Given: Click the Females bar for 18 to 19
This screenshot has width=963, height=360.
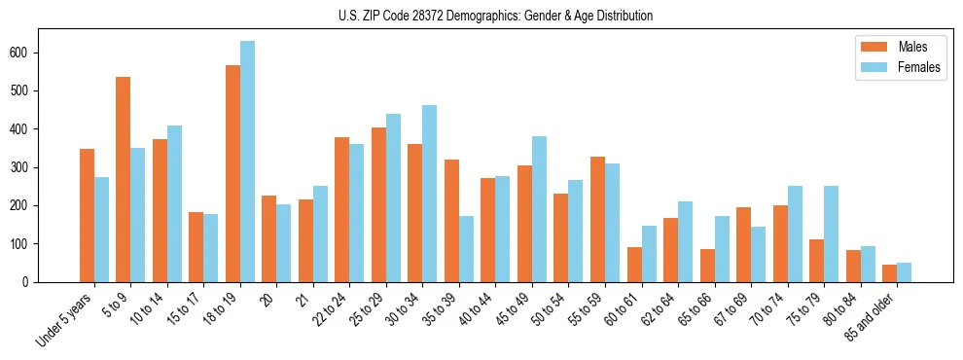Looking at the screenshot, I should pos(247,162).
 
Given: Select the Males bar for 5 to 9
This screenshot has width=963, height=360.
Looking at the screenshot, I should pos(124,179).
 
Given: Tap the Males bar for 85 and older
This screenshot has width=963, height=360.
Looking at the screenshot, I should pos(889,273).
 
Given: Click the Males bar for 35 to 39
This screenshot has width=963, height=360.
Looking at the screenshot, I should pos(451,221).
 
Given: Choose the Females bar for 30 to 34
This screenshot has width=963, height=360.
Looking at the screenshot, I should pos(430,194).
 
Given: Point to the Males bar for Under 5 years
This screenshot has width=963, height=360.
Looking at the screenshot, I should pos(87,215).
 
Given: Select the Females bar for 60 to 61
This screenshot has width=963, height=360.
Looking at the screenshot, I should pos(649,254).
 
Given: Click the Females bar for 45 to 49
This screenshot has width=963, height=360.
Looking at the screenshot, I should pos(539,209).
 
